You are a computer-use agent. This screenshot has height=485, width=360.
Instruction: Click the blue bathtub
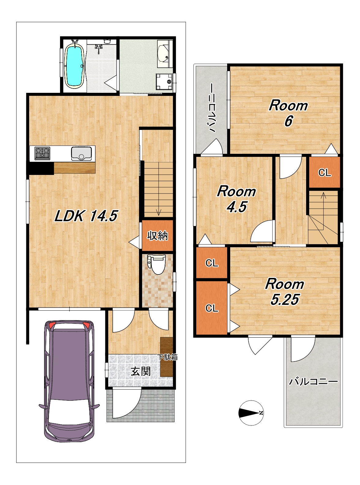point(74,65)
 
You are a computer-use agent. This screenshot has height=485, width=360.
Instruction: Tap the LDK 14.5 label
point(86,216)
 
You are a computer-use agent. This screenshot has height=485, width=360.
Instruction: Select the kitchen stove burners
point(43,153)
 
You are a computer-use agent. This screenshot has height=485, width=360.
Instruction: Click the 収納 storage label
point(157,236)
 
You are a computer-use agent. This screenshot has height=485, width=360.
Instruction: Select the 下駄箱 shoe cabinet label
point(168,357)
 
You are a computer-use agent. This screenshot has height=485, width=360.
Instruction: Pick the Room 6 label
point(288,113)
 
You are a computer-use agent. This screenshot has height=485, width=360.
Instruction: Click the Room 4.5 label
point(237,199)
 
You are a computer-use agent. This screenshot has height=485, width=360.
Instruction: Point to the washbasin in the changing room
point(163,54)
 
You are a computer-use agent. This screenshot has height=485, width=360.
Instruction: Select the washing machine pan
point(164,81)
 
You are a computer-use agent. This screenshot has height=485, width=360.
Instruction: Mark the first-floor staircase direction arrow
point(159,189)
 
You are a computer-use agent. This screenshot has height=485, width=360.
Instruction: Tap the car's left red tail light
point(52,325)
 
